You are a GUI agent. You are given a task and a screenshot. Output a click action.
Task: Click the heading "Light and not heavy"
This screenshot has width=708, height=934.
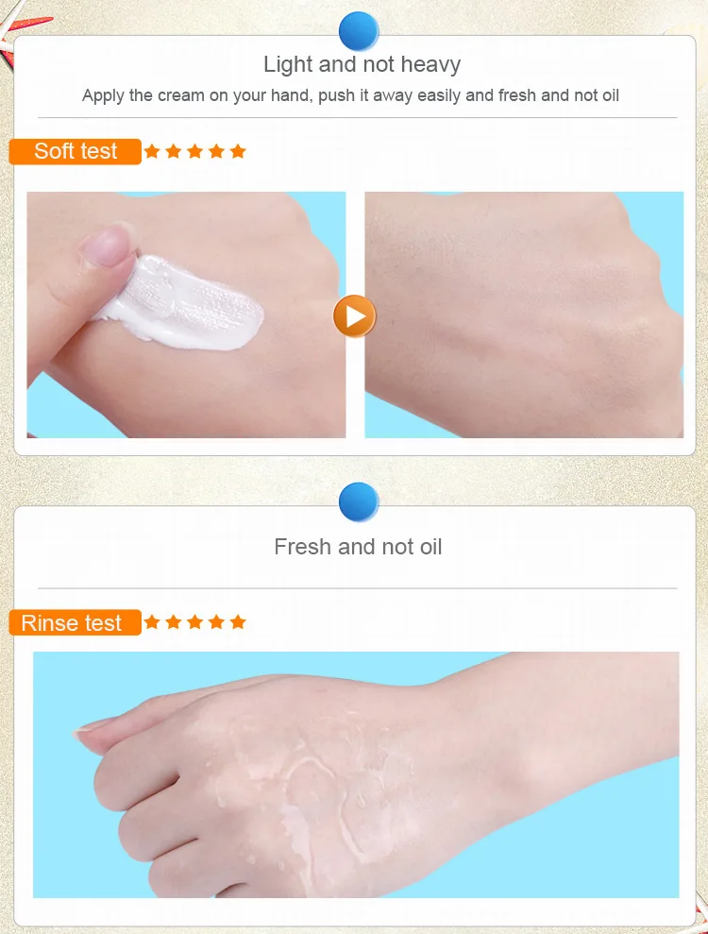click(362, 64)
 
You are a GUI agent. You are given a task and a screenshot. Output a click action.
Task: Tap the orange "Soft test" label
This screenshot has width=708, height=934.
click(76, 151)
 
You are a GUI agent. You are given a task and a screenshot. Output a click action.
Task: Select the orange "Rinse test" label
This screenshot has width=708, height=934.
click(76, 622)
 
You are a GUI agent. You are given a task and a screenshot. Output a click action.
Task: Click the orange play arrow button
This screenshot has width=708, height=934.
click(354, 315)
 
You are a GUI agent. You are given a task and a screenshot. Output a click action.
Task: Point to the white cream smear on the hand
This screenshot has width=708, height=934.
click(178, 304)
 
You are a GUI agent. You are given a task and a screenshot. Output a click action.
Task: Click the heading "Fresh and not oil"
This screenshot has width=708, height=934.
click(358, 547)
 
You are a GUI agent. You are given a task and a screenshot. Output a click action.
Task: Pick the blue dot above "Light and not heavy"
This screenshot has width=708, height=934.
click(359, 31)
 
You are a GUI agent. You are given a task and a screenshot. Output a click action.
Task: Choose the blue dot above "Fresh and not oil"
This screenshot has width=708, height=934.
click(359, 501)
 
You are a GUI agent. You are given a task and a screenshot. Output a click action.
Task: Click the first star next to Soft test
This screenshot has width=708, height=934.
click(152, 151)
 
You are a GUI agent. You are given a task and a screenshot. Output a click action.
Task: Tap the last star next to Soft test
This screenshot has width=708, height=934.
click(238, 151)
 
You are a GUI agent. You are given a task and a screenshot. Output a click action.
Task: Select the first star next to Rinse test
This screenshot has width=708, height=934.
click(152, 622)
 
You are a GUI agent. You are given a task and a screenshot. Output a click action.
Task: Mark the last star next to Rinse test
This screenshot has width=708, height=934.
click(238, 622)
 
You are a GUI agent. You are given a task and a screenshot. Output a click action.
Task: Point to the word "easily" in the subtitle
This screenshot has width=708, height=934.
click(440, 96)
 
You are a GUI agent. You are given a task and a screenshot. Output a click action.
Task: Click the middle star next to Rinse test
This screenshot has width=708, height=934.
click(194, 622)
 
